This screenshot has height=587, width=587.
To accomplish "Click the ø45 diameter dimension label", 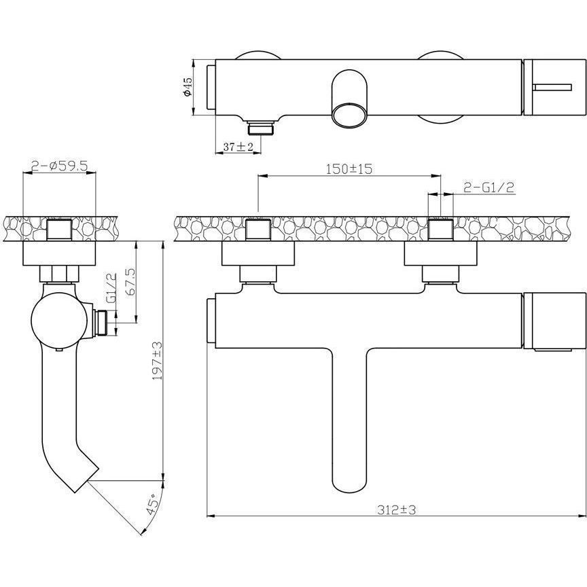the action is tap(188, 86).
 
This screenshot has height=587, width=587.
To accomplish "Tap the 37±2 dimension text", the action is tap(238, 147).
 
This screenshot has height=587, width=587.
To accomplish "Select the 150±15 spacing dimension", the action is tap(349, 169).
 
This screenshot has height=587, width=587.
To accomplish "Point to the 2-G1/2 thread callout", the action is tap(488, 188).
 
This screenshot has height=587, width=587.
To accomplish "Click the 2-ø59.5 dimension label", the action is tap(60, 166).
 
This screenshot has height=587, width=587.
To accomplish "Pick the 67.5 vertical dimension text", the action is tap(132, 283).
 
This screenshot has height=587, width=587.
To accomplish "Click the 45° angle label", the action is tap(151, 505).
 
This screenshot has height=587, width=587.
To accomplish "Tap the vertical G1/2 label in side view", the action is tap(111, 288).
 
